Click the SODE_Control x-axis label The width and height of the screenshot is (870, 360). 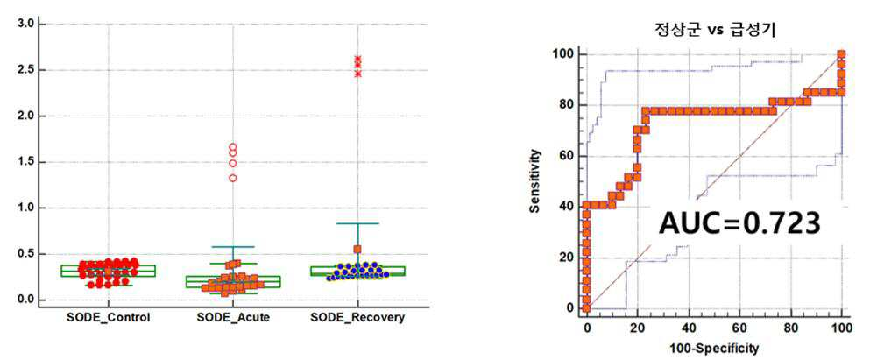[108, 318]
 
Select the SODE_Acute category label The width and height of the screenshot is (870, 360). [233, 318]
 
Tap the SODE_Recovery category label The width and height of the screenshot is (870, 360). [357, 318]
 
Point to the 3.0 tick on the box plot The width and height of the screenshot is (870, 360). [28, 24]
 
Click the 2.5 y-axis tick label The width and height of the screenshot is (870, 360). [28, 70]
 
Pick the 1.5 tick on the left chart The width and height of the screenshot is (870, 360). [28, 162]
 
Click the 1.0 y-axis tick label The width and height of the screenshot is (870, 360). [28, 208]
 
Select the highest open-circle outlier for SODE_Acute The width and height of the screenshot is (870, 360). [233, 147]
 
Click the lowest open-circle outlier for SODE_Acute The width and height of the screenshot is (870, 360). [233, 178]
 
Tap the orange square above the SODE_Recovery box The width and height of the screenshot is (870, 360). [357, 249]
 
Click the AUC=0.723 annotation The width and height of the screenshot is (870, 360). [739, 224]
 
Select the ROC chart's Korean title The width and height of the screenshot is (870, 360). [715, 31]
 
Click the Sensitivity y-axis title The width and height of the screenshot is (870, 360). [534, 181]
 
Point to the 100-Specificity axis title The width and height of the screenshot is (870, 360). [715, 349]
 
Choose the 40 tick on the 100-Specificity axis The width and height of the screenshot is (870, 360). [689, 329]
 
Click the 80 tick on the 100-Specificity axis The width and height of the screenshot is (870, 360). [790, 329]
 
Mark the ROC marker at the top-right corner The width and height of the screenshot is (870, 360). [841, 54]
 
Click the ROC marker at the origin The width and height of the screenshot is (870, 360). [586, 307]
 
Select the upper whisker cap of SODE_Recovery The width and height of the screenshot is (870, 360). [357, 223]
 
